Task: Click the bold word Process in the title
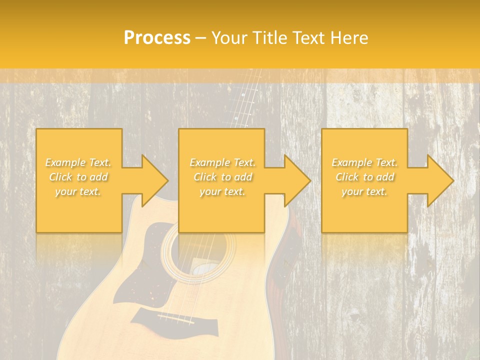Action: (x=157, y=37)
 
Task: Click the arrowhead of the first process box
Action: (x=155, y=180)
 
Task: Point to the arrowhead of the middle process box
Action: (x=297, y=180)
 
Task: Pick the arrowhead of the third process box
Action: (x=440, y=180)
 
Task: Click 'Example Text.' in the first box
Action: (x=78, y=162)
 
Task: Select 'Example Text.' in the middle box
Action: (x=222, y=162)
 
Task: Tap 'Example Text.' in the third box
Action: (x=364, y=162)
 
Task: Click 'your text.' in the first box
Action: (x=78, y=191)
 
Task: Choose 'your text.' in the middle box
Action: (x=222, y=191)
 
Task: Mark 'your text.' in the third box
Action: (x=364, y=191)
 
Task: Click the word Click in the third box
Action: (x=347, y=177)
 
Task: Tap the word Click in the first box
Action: (x=60, y=177)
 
